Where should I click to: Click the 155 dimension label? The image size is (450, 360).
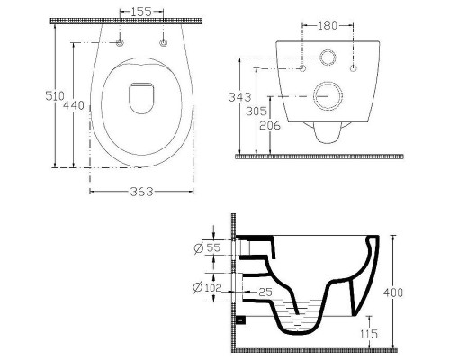tap(141, 12)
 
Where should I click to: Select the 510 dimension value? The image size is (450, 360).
tap(55, 96)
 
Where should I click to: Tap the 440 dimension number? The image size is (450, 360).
tap(74, 105)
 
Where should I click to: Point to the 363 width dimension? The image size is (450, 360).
tap(141, 192)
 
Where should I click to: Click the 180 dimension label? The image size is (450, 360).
tap(328, 25)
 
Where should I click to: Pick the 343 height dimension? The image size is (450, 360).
tap(239, 97)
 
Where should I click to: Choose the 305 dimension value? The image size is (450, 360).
tap(256, 112)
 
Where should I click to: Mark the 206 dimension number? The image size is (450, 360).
tap(270, 125)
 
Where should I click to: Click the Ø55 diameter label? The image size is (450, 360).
tap(207, 247)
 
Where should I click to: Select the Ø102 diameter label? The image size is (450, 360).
tap(207, 288)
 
